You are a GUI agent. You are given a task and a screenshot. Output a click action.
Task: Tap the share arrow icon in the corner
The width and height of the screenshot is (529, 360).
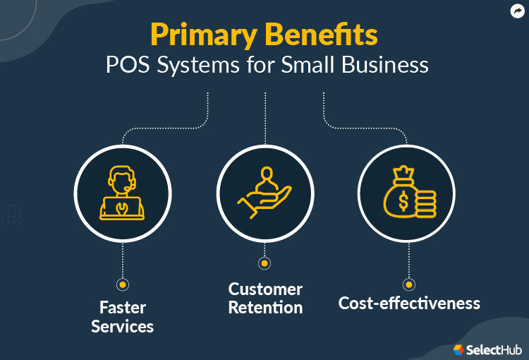pyautogui.click(x=516, y=11)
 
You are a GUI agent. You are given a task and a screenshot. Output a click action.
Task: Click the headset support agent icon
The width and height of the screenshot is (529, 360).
pyautogui.click(x=122, y=191)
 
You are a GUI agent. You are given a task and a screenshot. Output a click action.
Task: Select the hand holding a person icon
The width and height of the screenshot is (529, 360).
pyautogui.click(x=264, y=191)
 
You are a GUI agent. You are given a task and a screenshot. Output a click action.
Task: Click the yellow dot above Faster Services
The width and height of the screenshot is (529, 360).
pyautogui.click(x=122, y=284)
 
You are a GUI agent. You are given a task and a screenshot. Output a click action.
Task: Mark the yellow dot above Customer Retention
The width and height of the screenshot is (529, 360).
pyautogui.click(x=264, y=263)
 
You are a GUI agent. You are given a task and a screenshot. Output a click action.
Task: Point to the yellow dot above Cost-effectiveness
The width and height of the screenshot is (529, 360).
pyautogui.click(x=408, y=284)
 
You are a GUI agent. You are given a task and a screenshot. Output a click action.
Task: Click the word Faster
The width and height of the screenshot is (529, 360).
pyautogui.click(x=122, y=308)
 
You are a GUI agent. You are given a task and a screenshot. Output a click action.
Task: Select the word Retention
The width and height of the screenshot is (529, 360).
pyautogui.click(x=265, y=308)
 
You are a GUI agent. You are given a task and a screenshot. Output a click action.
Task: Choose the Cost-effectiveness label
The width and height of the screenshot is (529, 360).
pyautogui.click(x=409, y=304)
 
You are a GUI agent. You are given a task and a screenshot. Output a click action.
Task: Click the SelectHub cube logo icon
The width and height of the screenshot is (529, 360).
pyautogui.click(x=458, y=349)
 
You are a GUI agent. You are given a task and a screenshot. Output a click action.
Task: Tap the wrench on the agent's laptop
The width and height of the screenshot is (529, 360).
pyautogui.click(x=123, y=208)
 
